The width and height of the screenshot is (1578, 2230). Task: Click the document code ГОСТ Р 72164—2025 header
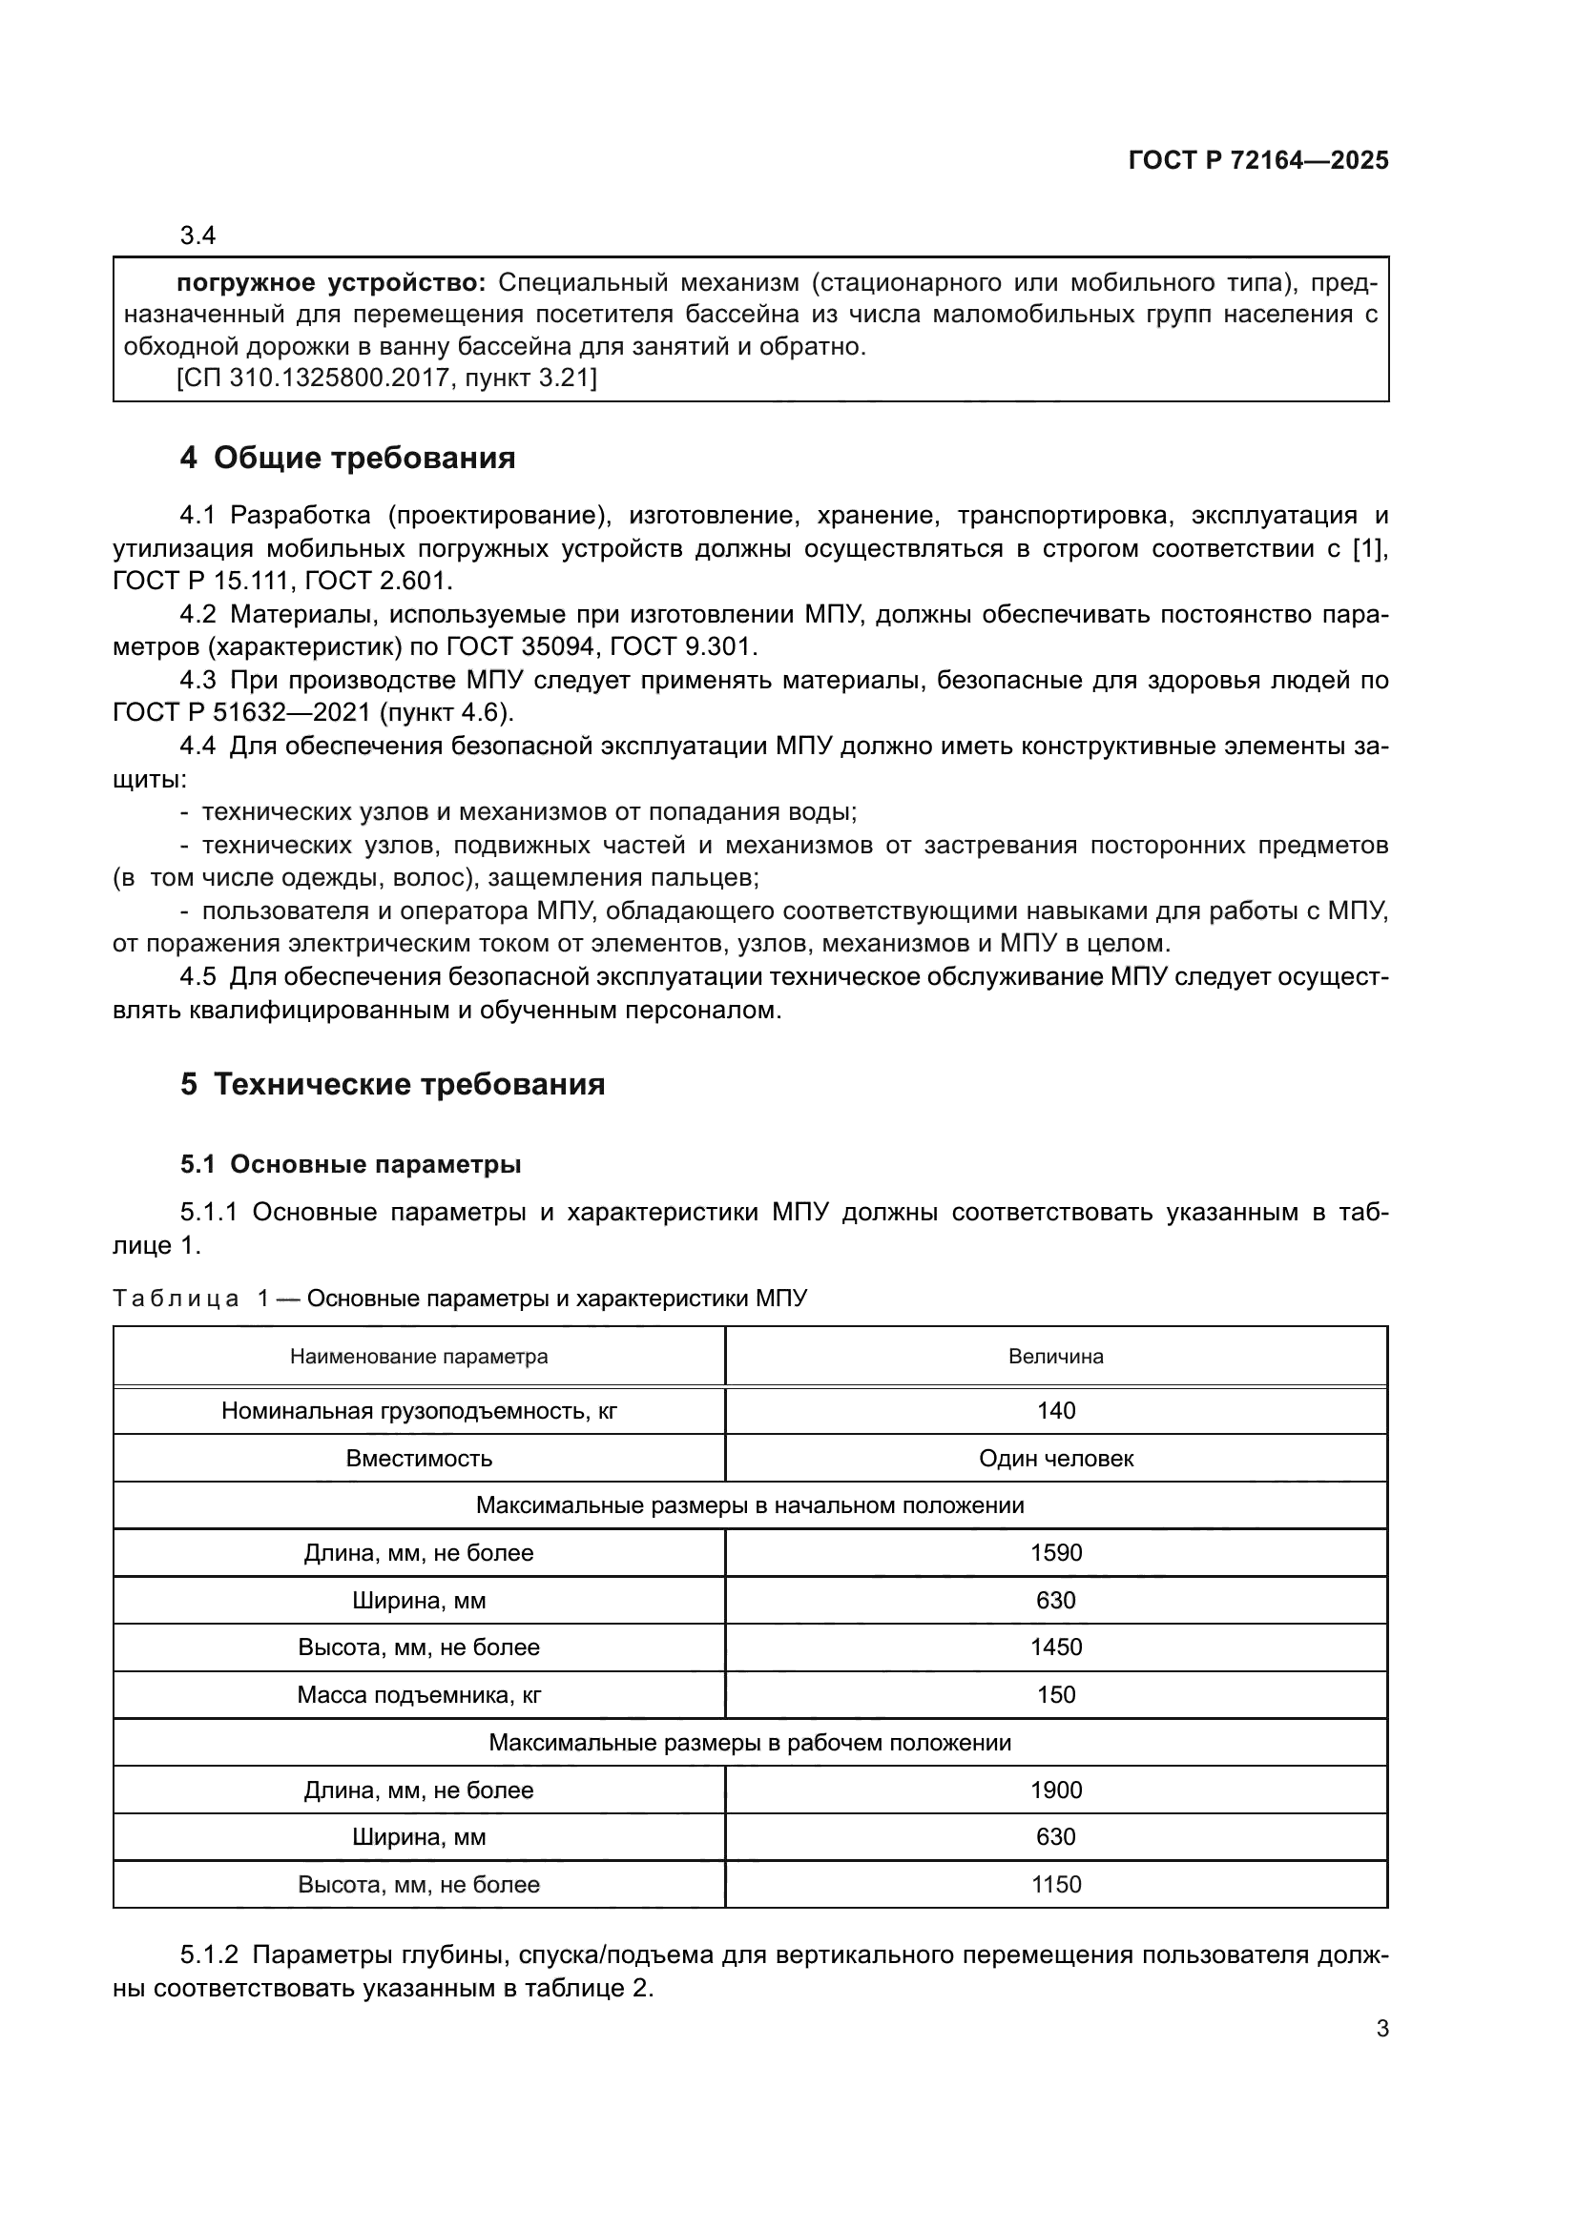coord(1257,161)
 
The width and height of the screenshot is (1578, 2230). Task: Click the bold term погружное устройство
coord(330,282)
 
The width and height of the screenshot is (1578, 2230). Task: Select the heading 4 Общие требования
coord(347,458)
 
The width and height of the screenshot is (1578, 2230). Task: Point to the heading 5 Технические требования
coord(391,1084)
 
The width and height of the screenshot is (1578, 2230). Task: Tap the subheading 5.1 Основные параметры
coord(350,1163)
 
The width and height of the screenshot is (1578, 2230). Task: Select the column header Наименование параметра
coord(419,1356)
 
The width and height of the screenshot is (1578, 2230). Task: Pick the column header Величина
coord(1055,1356)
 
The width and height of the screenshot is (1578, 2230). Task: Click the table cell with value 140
coord(1055,1410)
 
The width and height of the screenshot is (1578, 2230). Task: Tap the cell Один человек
coord(1055,1458)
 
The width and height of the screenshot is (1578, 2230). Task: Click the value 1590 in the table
coord(1055,1552)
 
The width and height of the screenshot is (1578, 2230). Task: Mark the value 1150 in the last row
coord(1055,1884)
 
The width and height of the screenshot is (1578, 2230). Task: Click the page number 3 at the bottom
coord(1381,2028)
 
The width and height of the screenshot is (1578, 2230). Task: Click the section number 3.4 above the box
coord(197,235)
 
